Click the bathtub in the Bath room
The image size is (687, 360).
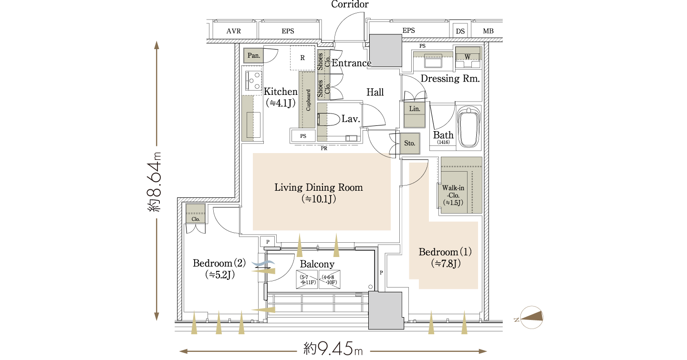(x=468, y=127)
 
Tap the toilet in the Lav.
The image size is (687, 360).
(x=329, y=119)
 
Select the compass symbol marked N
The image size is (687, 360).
(x=531, y=318)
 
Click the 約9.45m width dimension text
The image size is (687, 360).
(x=333, y=349)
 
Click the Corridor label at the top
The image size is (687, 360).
(x=350, y=4)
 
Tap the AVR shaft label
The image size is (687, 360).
(x=234, y=31)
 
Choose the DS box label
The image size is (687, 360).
(x=460, y=31)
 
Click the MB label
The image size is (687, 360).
(x=488, y=31)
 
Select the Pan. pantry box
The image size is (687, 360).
(x=254, y=55)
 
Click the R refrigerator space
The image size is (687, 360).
(x=302, y=58)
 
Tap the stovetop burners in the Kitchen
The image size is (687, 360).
(x=254, y=81)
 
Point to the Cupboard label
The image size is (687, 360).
(x=308, y=100)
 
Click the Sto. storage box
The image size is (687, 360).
(x=410, y=143)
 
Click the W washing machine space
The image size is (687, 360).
(x=468, y=57)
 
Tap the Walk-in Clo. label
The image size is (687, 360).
(x=453, y=195)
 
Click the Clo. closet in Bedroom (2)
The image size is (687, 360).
(x=196, y=214)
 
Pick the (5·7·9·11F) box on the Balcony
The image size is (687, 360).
(x=307, y=279)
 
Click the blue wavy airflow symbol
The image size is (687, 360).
(x=263, y=263)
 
